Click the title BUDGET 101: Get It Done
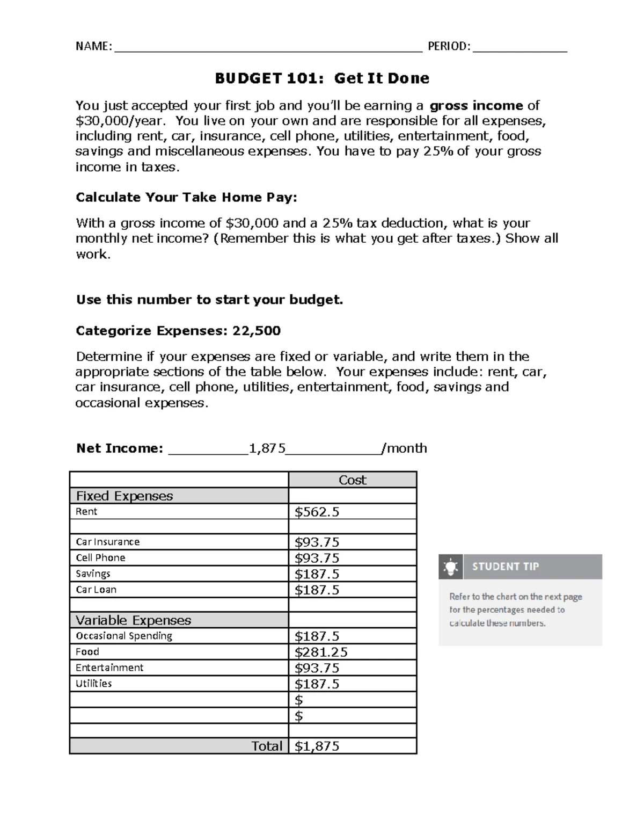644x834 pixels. coord(322,78)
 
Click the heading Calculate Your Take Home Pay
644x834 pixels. coord(186,197)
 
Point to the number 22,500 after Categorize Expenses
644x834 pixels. coord(257,330)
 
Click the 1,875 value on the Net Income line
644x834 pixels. coord(267,448)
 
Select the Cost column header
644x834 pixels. coord(352,480)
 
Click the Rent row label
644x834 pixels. coord(86,511)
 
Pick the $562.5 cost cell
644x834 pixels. coord(317,512)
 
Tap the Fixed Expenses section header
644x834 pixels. coord(125,496)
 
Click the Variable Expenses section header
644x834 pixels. coord(133,620)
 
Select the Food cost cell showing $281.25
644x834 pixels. coord(321,652)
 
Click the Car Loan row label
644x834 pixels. coord(96,590)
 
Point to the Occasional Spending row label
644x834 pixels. coord(124,636)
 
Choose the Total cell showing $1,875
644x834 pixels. coord(317,746)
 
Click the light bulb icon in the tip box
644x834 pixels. coord(450,567)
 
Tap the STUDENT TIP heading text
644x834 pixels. coord(506,567)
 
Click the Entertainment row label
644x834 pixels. coord(109,668)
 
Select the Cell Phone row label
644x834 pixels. coord(100,558)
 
